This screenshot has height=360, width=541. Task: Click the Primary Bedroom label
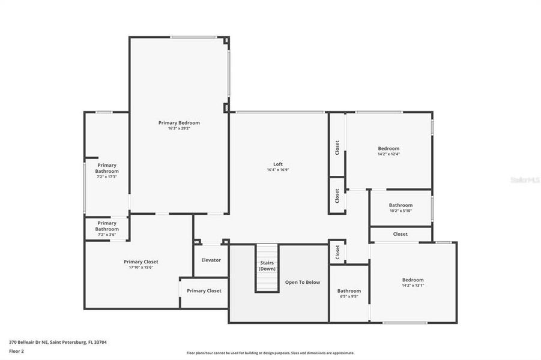point(179,122)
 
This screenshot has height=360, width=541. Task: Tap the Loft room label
point(278,164)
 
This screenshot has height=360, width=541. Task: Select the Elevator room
point(211,260)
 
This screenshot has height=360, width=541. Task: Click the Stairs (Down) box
point(267,266)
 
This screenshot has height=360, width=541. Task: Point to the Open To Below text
point(303,282)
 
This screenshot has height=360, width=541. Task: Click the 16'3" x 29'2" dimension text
point(179,128)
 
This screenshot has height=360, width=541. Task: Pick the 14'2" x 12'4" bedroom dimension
point(388,154)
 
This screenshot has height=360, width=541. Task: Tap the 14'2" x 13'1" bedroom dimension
point(413,286)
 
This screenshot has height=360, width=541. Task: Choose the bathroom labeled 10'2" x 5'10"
point(400,208)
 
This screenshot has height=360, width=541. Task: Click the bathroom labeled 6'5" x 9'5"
point(349,293)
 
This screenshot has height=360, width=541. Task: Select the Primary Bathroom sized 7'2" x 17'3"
point(107,171)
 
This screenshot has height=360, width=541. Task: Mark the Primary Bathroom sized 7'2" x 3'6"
point(107,229)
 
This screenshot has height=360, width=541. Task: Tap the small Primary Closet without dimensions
point(204,291)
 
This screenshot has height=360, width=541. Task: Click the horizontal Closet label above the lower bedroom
point(400,234)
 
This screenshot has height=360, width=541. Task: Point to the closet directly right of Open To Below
point(337,251)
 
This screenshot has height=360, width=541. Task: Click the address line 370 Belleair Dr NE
point(58,342)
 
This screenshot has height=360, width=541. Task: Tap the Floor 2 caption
point(17,351)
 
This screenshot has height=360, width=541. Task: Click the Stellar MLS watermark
point(524,179)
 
